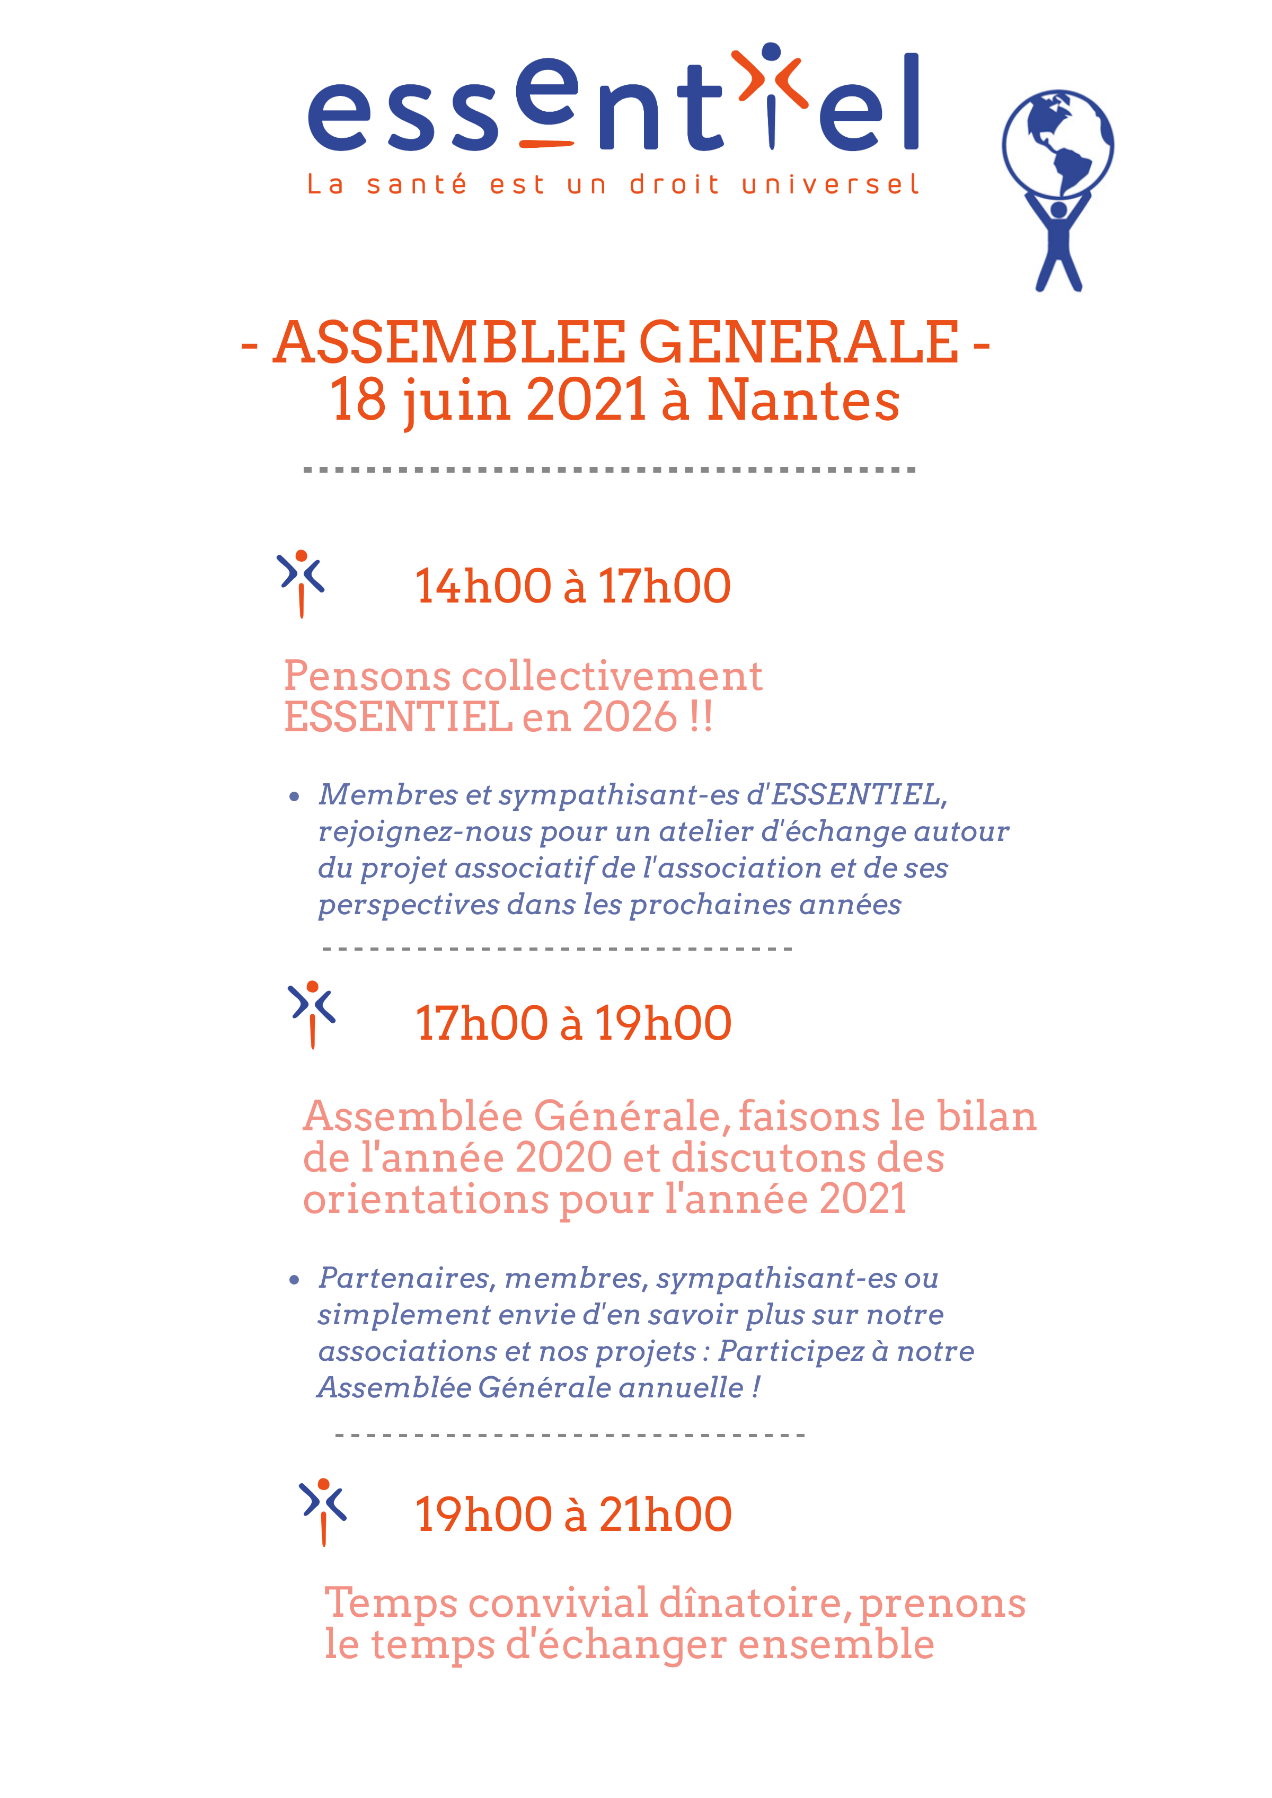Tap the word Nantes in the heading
803,401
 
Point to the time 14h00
482,587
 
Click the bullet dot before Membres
295,797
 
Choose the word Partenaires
403,1279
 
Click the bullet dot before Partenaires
295,1280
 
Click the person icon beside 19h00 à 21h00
323,1511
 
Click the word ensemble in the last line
836,1644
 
